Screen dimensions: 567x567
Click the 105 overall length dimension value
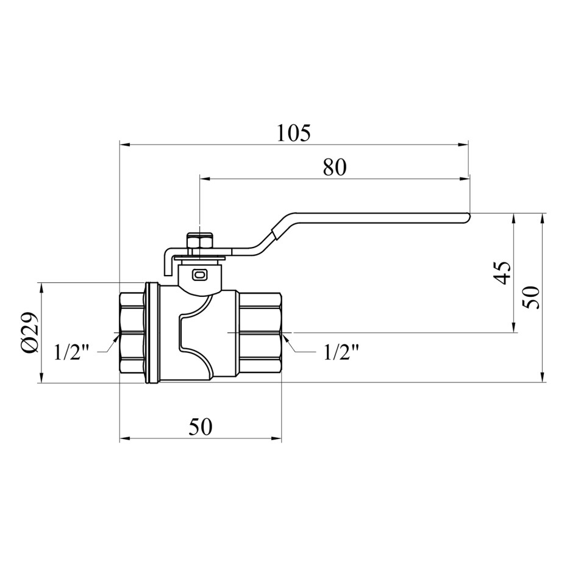click(x=294, y=133)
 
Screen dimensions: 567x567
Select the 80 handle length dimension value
click(x=335, y=167)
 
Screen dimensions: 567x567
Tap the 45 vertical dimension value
click(x=502, y=273)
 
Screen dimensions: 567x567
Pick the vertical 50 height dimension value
click(x=532, y=298)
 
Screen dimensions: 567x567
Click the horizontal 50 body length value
click(x=201, y=427)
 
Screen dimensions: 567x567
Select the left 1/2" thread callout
click(x=71, y=352)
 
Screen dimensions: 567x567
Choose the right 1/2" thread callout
click(x=341, y=352)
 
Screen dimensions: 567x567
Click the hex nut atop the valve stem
click(x=199, y=240)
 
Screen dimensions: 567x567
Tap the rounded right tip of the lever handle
click(x=468, y=216)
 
